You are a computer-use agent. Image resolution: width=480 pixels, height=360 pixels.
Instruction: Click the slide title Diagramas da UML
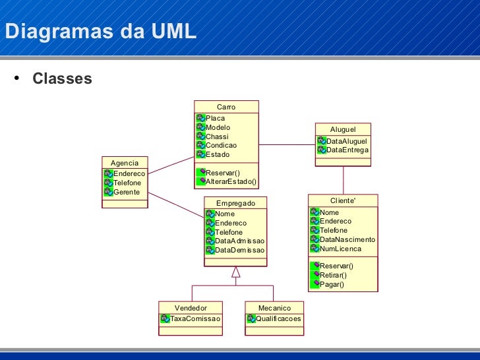(x=100, y=31)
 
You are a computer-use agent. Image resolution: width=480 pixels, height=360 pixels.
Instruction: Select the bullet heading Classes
(x=62, y=79)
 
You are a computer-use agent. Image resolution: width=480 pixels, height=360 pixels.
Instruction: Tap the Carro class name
(x=226, y=107)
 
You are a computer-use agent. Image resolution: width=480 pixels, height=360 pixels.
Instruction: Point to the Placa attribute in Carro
(x=215, y=118)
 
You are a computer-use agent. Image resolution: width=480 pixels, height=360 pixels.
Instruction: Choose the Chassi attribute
(x=217, y=136)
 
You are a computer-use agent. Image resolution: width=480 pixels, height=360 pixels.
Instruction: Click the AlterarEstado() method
(x=231, y=181)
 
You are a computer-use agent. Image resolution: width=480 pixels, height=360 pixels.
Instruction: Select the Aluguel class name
(x=343, y=129)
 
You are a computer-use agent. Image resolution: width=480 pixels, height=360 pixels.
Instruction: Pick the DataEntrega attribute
(x=347, y=150)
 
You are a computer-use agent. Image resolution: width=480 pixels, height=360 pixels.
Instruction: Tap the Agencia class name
(x=125, y=162)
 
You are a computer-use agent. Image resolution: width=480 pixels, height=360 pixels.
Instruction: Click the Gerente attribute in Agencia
(x=126, y=192)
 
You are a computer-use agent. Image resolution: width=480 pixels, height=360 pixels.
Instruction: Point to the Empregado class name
(x=235, y=203)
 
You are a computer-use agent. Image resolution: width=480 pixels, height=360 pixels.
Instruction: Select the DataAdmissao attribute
(x=239, y=241)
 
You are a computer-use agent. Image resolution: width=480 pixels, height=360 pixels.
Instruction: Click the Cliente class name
(x=343, y=200)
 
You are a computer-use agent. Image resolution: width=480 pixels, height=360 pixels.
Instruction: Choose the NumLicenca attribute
(x=340, y=249)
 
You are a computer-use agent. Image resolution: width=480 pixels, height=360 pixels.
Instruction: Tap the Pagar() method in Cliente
(x=332, y=284)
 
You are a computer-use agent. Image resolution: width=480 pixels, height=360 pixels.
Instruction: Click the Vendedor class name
(x=191, y=308)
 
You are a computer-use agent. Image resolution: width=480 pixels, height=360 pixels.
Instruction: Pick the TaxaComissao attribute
(x=195, y=318)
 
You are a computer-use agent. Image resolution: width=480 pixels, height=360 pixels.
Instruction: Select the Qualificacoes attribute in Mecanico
(x=278, y=318)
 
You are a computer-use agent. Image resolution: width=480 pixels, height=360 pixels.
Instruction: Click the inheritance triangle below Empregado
(x=235, y=272)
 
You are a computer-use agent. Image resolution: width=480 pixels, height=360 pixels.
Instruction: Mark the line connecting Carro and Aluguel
(x=287, y=144)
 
